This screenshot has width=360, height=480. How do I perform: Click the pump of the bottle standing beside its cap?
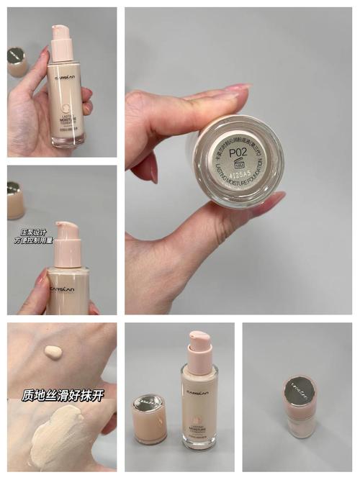(x=199, y=345)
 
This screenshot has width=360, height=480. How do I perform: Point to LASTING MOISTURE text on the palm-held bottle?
(x=64, y=107)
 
